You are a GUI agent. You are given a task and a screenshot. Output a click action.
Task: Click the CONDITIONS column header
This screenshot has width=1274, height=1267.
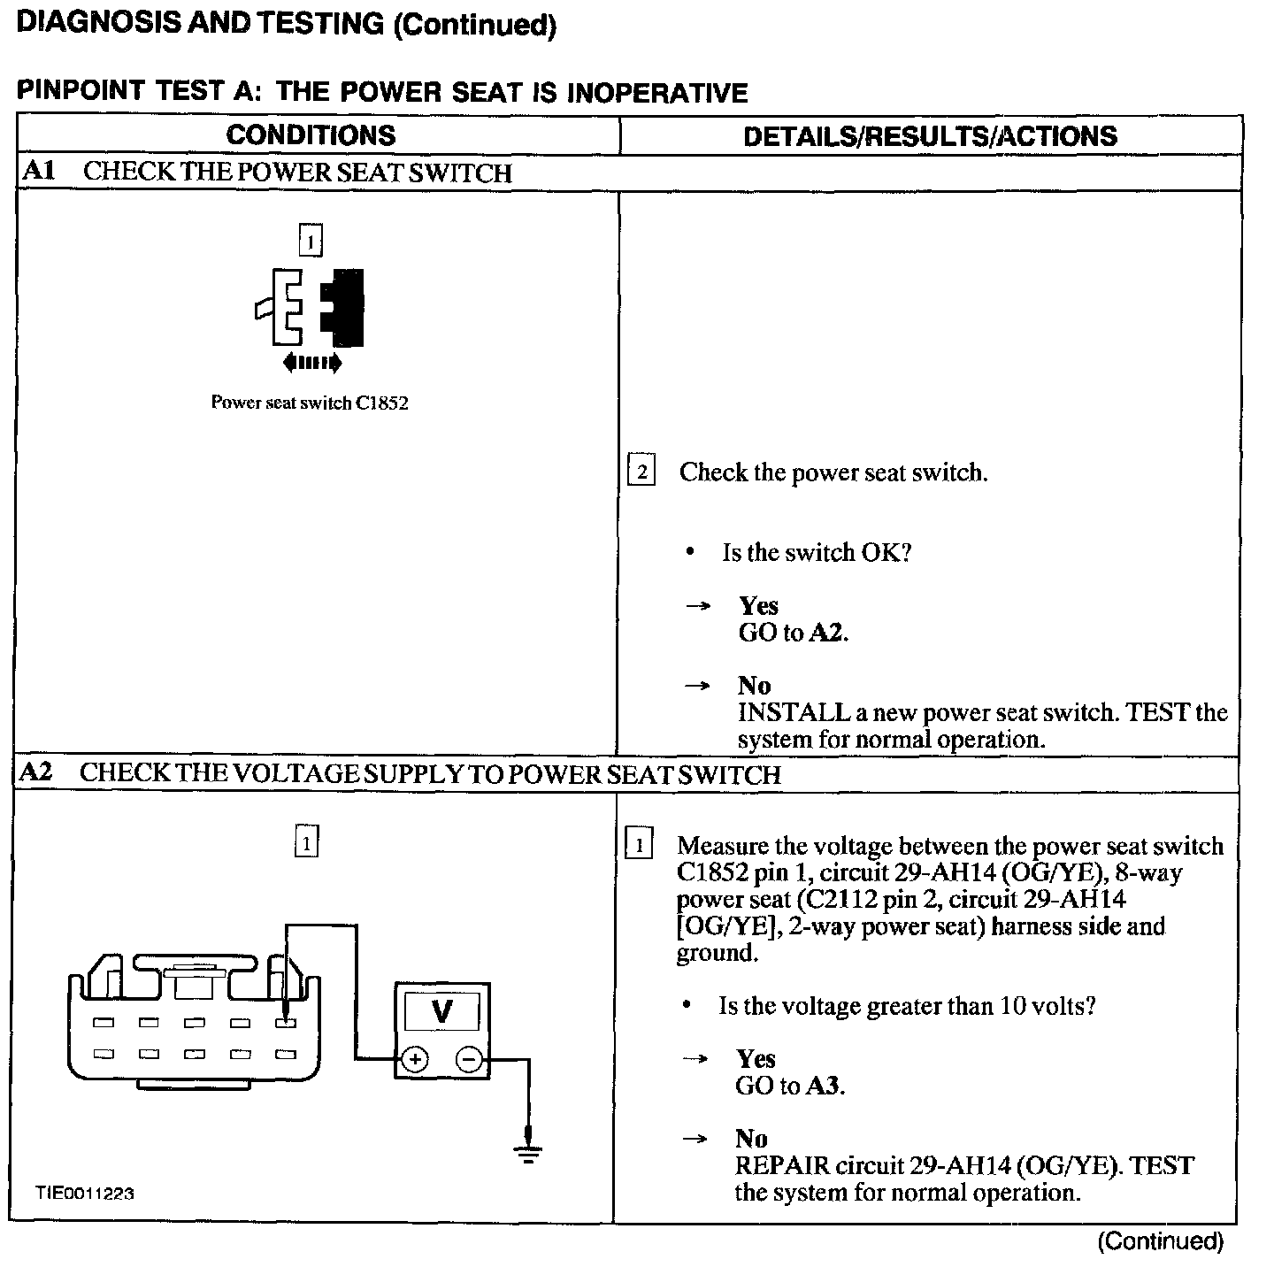coord(311,135)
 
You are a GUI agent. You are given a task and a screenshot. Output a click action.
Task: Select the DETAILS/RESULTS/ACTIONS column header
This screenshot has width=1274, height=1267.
coord(930,136)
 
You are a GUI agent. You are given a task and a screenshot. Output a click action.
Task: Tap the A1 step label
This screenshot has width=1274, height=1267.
coord(39,171)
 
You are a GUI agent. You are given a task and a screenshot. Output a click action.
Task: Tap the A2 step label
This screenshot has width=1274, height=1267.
coord(36,772)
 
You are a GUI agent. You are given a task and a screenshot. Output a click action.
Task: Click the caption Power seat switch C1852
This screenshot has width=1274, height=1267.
coord(310,403)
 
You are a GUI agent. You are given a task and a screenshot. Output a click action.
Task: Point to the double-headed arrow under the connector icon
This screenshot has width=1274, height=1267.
coord(311,362)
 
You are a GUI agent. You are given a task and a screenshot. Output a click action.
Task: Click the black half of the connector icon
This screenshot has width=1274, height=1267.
coord(344,307)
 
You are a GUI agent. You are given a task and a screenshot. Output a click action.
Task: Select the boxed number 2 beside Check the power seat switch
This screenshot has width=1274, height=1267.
coord(641,472)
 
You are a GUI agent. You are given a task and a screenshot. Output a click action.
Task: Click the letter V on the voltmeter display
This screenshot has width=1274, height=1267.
coord(441,1010)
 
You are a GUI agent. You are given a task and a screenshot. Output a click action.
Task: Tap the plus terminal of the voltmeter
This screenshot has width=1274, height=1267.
coord(415,1059)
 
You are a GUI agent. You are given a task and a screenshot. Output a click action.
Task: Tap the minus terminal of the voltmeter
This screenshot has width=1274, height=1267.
coord(470,1059)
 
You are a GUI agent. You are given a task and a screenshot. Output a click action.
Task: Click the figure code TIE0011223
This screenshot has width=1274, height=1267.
coord(85,1193)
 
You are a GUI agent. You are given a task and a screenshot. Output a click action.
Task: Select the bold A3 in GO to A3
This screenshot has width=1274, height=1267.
coord(824,1086)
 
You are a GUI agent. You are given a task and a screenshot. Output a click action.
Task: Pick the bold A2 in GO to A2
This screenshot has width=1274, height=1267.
coord(827,633)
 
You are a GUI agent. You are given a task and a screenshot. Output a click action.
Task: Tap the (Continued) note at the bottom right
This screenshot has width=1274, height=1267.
coord(1160,1241)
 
